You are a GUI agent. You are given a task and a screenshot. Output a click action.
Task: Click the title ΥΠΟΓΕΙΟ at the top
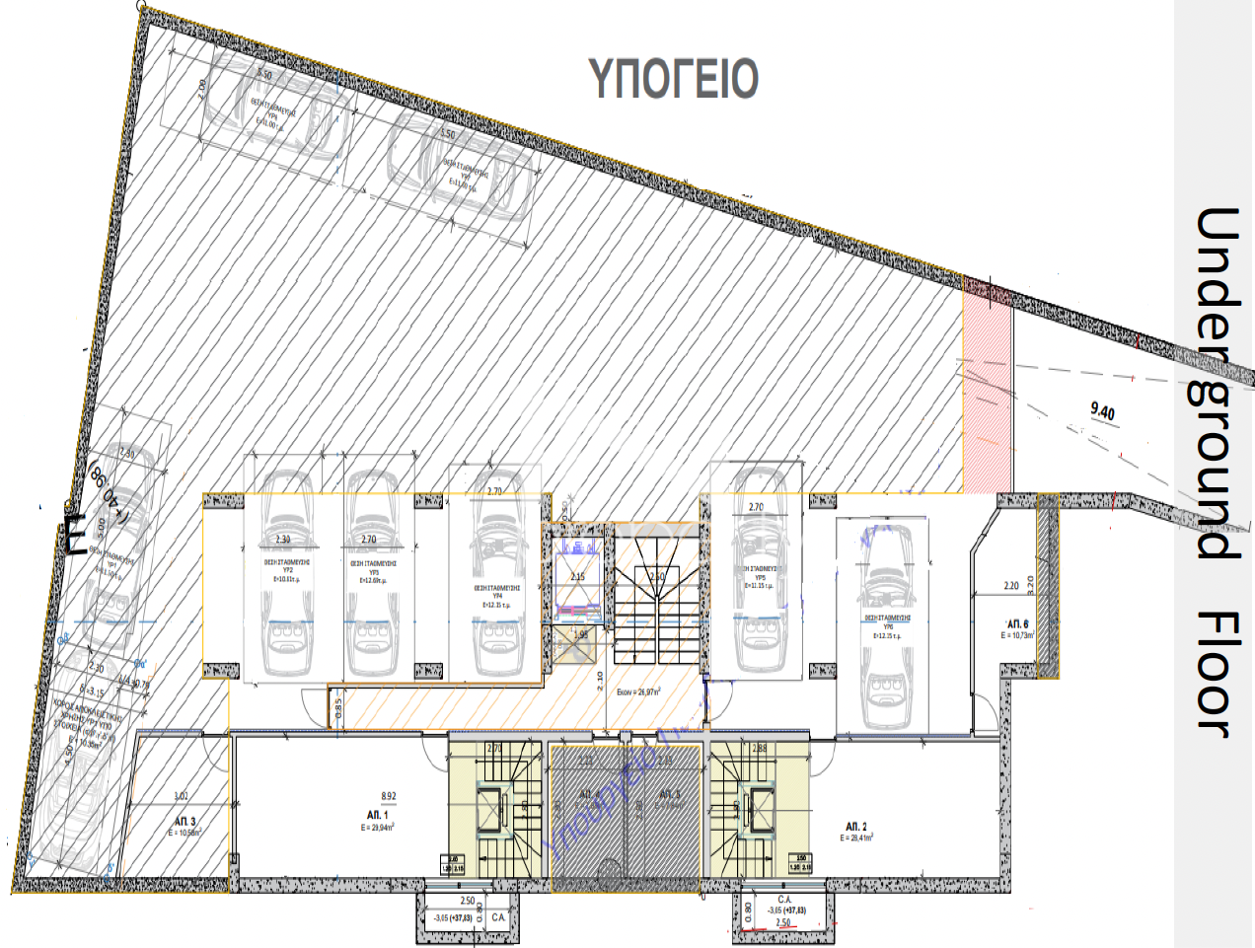(x=674, y=79)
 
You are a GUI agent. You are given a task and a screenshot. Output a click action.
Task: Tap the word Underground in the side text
(x=1218, y=384)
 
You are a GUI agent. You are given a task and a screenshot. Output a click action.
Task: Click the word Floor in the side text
(x=1218, y=675)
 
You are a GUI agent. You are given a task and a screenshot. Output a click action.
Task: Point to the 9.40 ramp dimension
(x=1103, y=410)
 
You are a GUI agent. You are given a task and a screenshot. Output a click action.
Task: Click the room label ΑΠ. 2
(x=856, y=826)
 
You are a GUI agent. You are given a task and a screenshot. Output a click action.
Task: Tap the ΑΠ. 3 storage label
(x=185, y=821)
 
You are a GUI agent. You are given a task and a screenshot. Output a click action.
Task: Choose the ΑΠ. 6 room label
(x=1017, y=624)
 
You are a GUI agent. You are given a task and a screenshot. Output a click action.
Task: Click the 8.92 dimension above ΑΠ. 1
(x=389, y=796)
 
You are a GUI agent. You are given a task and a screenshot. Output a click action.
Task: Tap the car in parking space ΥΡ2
(x=287, y=572)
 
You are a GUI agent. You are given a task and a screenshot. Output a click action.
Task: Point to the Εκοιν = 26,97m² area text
(x=638, y=693)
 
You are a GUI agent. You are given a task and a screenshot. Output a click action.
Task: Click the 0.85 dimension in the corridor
(x=338, y=707)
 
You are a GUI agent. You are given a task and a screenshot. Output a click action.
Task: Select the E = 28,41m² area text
(x=856, y=838)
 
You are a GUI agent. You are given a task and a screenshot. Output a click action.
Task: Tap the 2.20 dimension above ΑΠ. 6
(x=1011, y=586)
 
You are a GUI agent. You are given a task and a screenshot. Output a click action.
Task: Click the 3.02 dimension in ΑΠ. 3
(x=181, y=796)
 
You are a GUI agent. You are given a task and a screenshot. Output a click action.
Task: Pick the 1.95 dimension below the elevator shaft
(x=581, y=635)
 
